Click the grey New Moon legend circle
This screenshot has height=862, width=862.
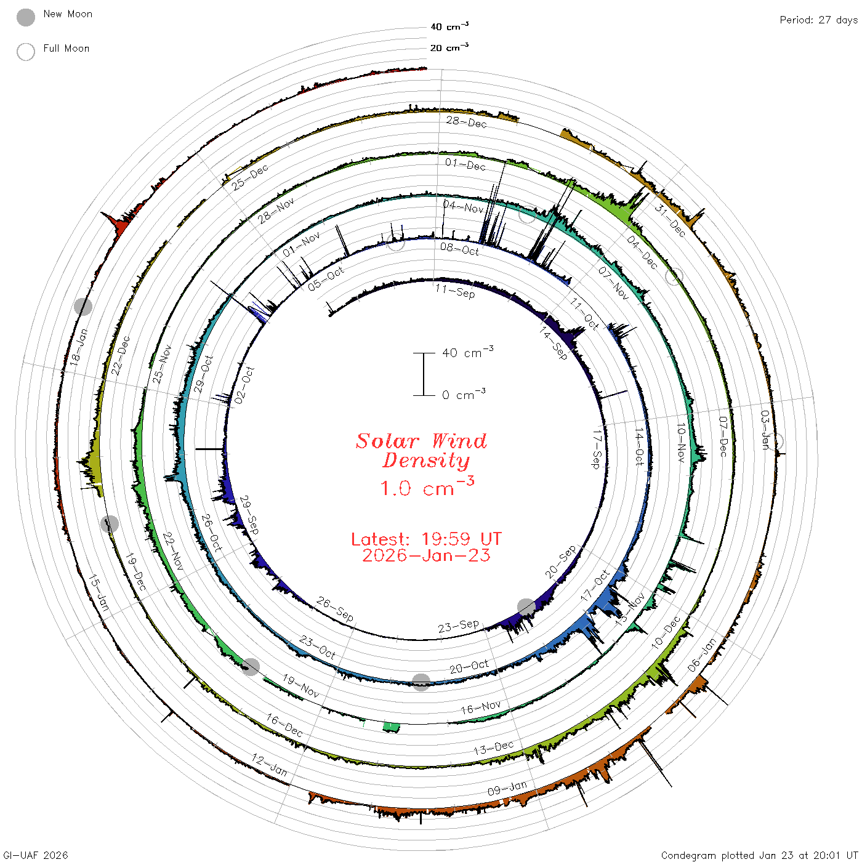point(26,17)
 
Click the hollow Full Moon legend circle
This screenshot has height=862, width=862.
point(26,52)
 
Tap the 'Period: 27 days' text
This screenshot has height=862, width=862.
point(819,20)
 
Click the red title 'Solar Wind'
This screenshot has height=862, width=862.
point(421,441)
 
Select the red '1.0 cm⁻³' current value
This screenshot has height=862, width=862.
point(427,486)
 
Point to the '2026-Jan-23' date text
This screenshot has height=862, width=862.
point(426,555)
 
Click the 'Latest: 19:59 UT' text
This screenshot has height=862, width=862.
point(426,539)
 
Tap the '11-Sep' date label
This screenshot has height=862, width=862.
point(456,291)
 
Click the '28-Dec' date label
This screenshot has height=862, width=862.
point(467,122)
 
